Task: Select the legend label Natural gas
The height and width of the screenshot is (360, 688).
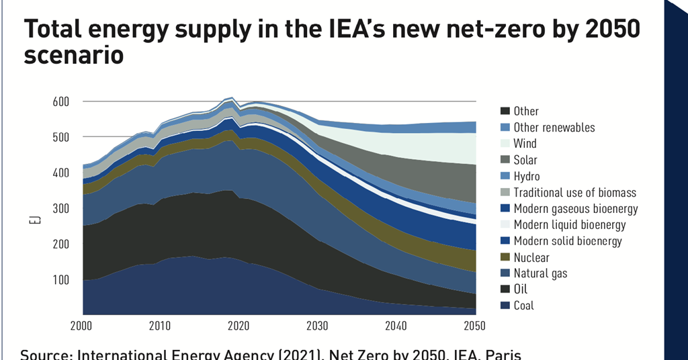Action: [x=540, y=273]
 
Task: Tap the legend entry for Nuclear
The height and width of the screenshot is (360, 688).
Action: [x=531, y=257]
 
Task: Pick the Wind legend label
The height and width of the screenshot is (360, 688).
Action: [x=525, y=144]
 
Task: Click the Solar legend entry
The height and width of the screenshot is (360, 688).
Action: [x=525, y=160]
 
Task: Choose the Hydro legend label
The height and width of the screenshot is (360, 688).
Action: [x=526, y=176]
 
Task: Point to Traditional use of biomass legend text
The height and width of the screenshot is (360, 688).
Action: [x=574, y=193]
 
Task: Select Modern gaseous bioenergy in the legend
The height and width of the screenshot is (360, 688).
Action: [x=575, y=209]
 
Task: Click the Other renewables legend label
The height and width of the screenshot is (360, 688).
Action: [x=554, y=128]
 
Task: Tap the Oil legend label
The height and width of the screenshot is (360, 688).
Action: [x=520, y=289]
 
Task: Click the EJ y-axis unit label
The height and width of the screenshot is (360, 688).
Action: [x=40, y=219]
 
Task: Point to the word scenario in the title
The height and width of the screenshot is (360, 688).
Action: [x=73, y=55]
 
